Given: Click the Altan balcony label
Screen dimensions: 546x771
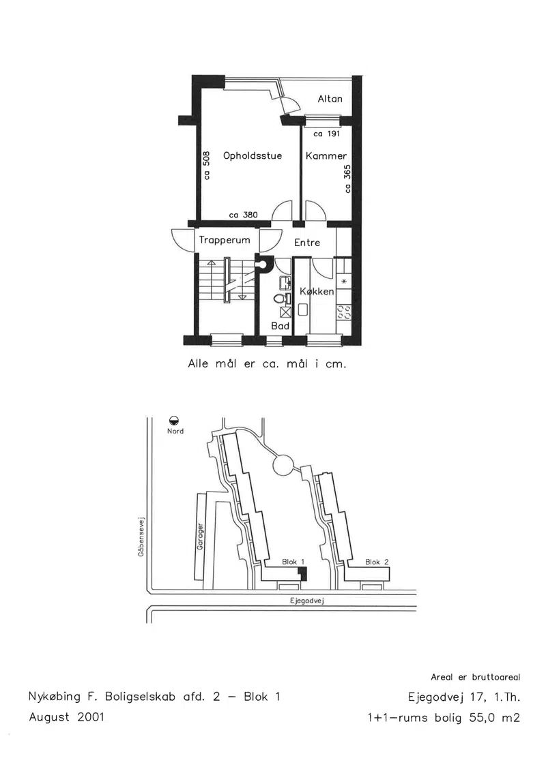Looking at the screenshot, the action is pyautogui.click(x=330, y=99).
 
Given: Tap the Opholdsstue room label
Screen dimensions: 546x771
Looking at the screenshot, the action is pyautogui.click(x=253, y=156).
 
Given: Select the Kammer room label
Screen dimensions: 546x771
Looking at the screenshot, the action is pyautogui.click(x=326, y=156).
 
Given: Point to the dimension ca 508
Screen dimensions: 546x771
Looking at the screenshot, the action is pyautogui.click(x=207, y=165).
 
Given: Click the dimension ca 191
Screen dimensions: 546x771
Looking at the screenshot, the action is pyautogui.click(x=327, y=134).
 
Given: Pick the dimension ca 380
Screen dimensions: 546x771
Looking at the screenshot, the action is pyautogui.click(x=243, y=215).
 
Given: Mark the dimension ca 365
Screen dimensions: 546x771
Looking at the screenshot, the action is pyautogui.click(x=347, y=179).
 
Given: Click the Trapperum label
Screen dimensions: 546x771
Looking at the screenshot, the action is pyautogui.click(x=225, y=241).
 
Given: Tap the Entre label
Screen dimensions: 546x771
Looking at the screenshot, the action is pyautogui.click(x=307, y=243).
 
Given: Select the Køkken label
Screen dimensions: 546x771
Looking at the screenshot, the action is pyautogui.click(x=317, y=291).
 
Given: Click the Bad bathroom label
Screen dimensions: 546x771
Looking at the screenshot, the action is pyautogui.click(x=280, y=326).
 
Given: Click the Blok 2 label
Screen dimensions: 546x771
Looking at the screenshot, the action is pyautogui.click(x=377, y=562).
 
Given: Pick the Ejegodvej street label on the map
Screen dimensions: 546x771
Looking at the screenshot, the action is pyautogui.click(x=306, y=601).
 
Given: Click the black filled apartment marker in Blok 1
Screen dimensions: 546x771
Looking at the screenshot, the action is pyautogui.click(x=302, y=573).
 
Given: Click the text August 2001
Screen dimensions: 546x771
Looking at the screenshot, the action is pyautogui.click(x=66, y=717).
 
